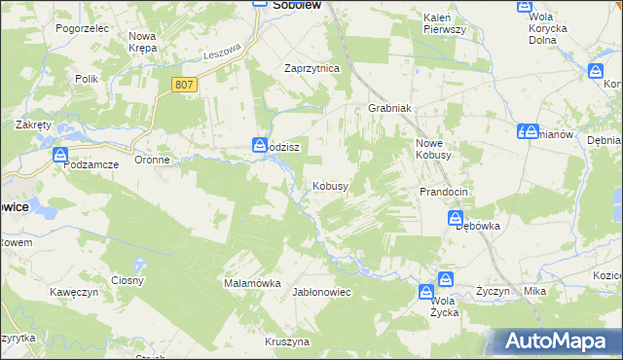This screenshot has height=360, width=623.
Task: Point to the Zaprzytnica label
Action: coord(311,69)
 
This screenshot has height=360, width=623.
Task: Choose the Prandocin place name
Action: coord(444,192)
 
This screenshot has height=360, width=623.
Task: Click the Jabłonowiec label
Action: coord(321,292)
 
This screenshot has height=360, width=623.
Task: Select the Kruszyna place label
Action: coord(287,342)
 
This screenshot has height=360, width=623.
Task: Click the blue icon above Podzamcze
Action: coord(60,155)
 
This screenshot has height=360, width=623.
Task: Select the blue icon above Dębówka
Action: coord(456,220)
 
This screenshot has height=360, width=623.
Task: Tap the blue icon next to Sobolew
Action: coord(261,5)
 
